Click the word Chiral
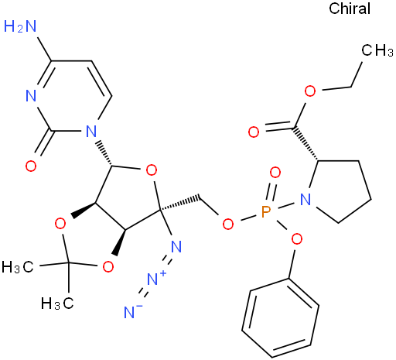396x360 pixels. pyautogui.click(x=350, y=9)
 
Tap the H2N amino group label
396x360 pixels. pyautogui.click(x=20, y=26)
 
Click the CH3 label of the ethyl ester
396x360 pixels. pyautogui.click(x=377, y=50)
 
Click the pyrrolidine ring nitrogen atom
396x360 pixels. pyautogui.click(x=306, y=200)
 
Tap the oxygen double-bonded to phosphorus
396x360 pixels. pyautogui.click(x=275, y=173)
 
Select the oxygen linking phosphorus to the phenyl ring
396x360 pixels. pyautogui.click(x=297, y=239)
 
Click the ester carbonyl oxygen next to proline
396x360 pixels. pyautogui.click(x=254, y=132)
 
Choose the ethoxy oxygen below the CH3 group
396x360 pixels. pyautogui.click(x=310, y=91)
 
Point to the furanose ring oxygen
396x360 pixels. pyautogui.click(x=152, y=170)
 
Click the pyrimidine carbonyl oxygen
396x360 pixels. pyautogui.click(x=31, y=166)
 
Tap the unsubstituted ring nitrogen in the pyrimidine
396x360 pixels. pyautogui.click(x=31, y=96)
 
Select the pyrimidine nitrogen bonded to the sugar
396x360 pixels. pyautogui.click(x=90, y=131)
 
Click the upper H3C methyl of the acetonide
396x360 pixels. pyautogui.click(x=18, y=266)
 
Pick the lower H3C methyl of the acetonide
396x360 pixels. pyautogui.click(x=57, y=303)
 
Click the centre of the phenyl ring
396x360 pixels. pyautogui.click(x=281, y=318)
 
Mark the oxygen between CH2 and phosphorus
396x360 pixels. pyautogui.click(x=228, y=224)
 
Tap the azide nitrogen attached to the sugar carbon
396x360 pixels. pyautogui.click(x=176, y=246)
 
